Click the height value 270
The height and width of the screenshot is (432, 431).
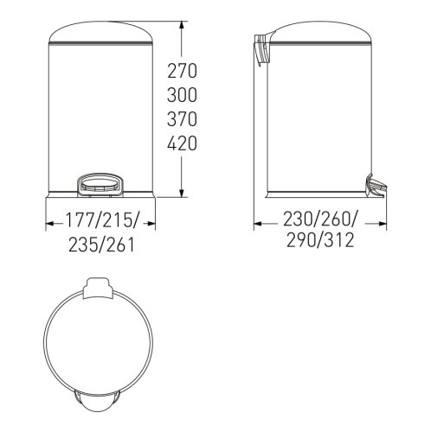pos(182,71)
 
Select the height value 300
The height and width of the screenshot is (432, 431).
pos(182,95)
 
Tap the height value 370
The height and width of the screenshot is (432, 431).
pos(182,119)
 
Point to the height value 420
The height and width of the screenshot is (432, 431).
pos(182,143)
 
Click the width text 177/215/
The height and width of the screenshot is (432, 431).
pos(102,220)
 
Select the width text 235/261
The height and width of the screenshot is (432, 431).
pos(102,245)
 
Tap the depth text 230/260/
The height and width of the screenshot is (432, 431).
pos(320,219)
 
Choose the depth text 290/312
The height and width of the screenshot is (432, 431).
pos(320,240)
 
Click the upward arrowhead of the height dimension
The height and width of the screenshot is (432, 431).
pos(182,25)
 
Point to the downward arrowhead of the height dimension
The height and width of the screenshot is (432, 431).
pos(182,194)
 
